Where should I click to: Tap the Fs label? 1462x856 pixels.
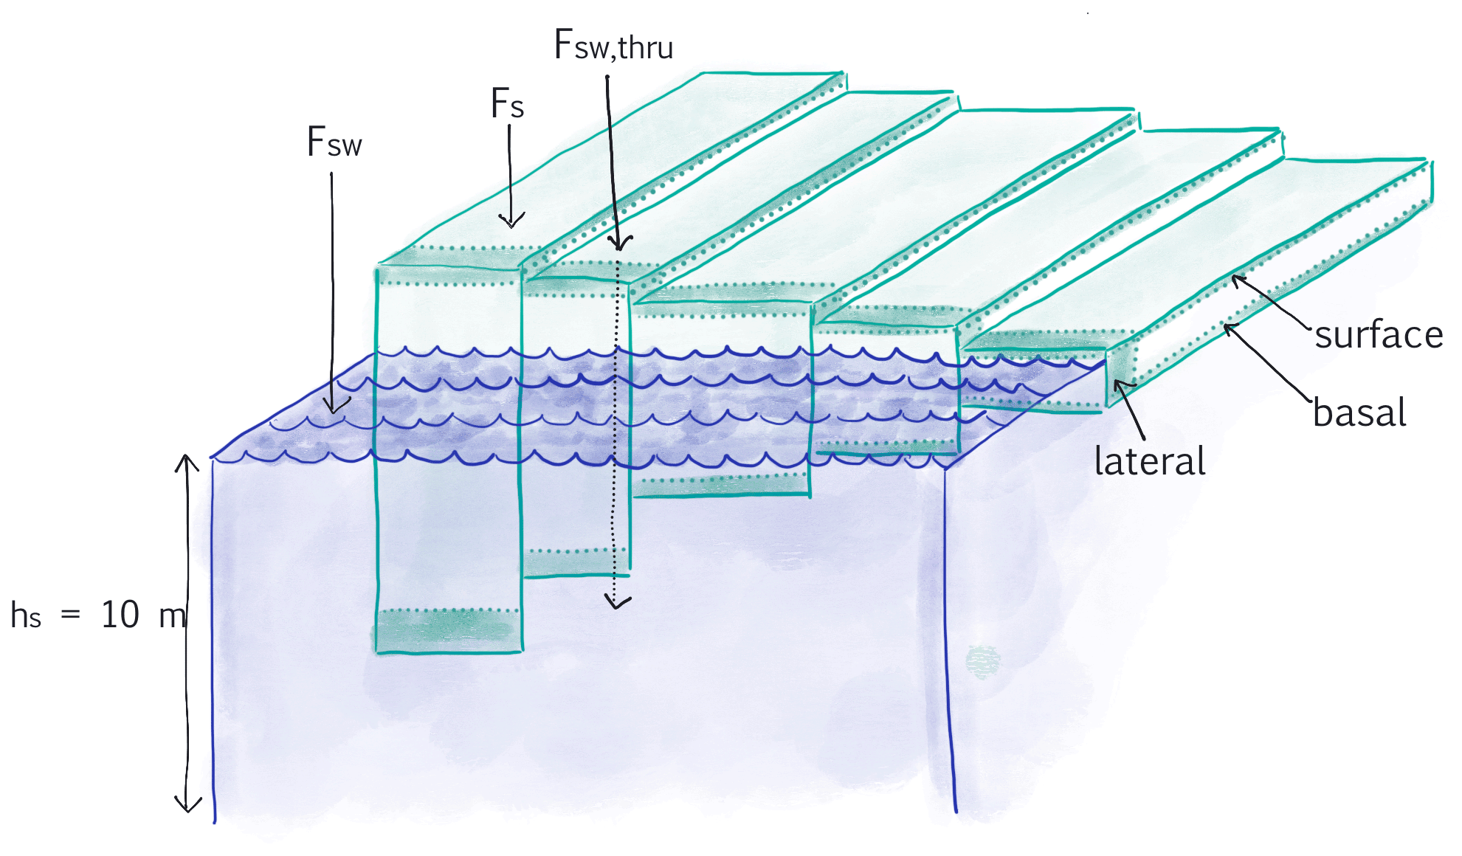507,103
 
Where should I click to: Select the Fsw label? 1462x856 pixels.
334,142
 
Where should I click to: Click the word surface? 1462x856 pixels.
1378,335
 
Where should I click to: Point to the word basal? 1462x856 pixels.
1359,413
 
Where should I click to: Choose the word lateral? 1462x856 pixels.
1149,461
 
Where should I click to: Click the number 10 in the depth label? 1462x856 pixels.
120,615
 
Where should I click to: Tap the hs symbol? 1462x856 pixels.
25,615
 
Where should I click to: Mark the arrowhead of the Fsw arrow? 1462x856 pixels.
334,408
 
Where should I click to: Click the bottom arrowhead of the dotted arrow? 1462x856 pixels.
616,604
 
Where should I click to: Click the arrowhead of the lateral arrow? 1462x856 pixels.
1118,384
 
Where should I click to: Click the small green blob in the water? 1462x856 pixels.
983,661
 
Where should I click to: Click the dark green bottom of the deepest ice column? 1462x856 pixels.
447,631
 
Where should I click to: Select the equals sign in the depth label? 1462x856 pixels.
70,614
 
